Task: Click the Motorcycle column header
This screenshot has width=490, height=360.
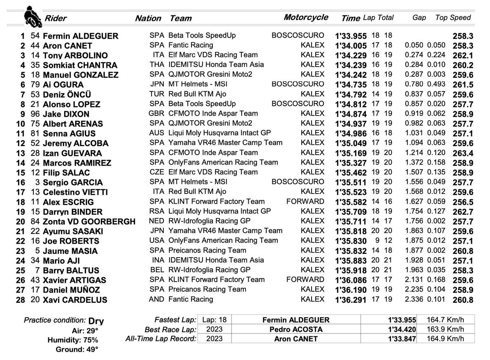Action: point(306,17)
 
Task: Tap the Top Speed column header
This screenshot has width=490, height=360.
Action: point(453,18)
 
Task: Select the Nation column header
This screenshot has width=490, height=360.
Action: point(148,18)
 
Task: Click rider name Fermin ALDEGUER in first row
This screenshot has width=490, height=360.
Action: point(80,36)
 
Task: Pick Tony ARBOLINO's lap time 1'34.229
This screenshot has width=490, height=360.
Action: point(351,56)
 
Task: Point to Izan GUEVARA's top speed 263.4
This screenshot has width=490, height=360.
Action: point(463,153)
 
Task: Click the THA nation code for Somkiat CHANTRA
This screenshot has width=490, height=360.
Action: point(157,64)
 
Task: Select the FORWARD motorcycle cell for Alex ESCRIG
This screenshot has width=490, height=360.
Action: point(305,201)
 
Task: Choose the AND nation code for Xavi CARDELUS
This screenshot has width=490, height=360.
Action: point(156,299)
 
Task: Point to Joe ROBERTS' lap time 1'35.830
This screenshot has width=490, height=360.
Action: point(351,241)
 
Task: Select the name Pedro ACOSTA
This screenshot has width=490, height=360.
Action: point(296,329)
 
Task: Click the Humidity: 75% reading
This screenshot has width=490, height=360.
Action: point(73,340)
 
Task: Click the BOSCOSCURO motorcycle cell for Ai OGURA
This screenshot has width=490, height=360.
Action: point(298,84)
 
